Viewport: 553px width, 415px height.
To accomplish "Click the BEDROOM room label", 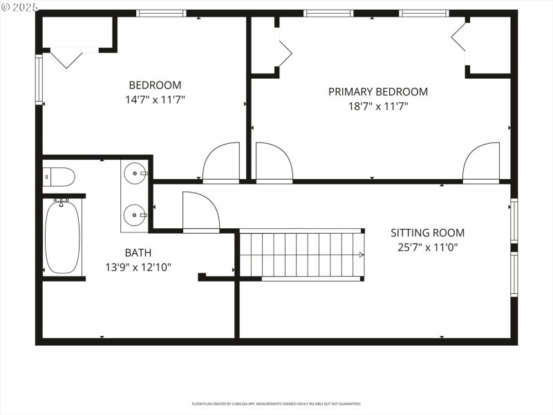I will click(155, 85).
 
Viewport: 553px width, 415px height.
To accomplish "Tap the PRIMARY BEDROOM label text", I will click(377, 91).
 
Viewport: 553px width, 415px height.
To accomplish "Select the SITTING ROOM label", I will click(427, 233).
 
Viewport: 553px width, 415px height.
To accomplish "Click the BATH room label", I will click(138, 253).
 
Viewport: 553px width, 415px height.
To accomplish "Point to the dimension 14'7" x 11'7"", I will click(155, 100).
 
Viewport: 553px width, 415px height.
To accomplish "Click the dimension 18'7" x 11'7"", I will click(377, 107).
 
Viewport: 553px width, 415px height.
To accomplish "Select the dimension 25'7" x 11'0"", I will click(427, 247).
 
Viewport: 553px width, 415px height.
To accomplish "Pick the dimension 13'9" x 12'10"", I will click(138, 267).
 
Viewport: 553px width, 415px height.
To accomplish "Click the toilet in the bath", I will click(59, 178).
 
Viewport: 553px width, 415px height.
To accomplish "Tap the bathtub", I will click(62, 237).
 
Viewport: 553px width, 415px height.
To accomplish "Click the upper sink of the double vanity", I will click(135, 173).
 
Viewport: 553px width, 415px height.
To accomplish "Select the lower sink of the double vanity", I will click(135, 214).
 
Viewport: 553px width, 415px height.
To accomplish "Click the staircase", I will click(301, 255).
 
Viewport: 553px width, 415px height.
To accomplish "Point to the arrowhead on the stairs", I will click(361, 255).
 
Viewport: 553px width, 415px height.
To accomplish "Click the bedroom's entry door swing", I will click(221, 163).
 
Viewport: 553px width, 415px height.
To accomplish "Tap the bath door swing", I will click(200, 211).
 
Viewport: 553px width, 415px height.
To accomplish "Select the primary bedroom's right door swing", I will click(481, 163).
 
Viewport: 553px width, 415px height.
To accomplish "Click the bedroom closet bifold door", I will click(68, 57).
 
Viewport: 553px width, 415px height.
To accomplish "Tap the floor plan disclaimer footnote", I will click(276, 403).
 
